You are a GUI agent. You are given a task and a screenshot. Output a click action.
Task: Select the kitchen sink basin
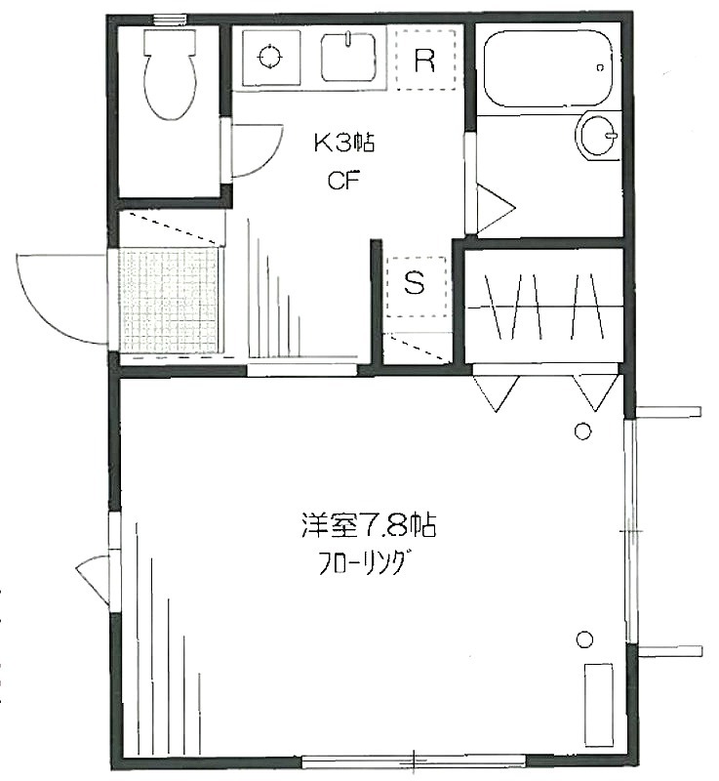[x=348, y=57]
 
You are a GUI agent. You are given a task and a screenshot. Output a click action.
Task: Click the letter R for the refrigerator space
[x=424, y=61]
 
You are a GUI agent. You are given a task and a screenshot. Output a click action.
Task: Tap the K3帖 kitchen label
[x=343, y=144]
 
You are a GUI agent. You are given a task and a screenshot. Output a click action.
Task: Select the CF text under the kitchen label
[x=343, y=181]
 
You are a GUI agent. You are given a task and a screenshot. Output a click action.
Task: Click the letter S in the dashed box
[x=415, y=283]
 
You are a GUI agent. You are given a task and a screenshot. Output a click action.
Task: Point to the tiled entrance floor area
[x=169, y=301]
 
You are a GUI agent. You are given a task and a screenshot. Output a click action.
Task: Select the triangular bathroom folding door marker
[x=495, y=208]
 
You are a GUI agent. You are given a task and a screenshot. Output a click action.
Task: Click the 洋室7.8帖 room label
[x=369, y=525]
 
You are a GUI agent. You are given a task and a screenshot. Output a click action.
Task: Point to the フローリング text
[x=362, y=564]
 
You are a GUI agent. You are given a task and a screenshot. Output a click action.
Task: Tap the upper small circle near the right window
[x=582, y=431]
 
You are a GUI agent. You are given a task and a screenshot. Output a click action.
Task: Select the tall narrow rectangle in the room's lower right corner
[x=599, y=705]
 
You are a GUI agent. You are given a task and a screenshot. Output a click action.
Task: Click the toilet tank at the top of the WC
[x=169, y=42]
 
